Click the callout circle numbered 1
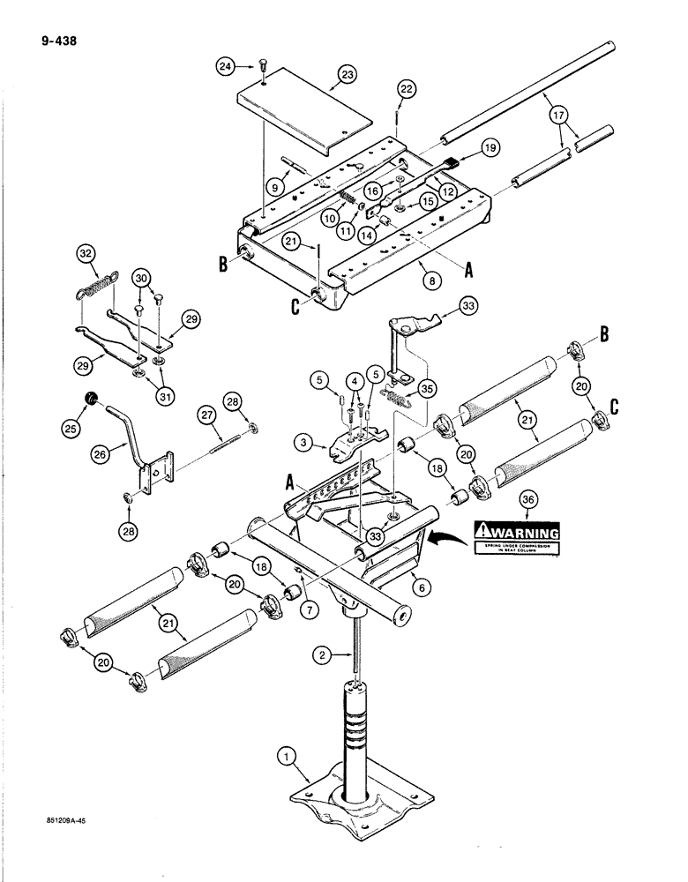pos(284,756)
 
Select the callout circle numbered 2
pos(323,654)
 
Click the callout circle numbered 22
pos(406,89)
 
